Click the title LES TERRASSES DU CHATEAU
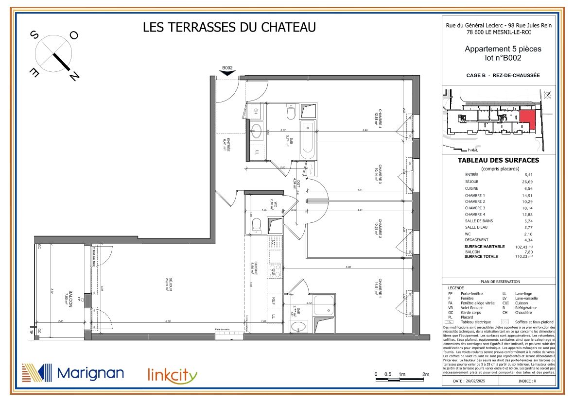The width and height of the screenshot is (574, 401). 229,27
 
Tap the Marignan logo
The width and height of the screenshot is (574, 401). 73,373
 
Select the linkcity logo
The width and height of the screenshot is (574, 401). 173,375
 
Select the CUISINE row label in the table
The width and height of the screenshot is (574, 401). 471,188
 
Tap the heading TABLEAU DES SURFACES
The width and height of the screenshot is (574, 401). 498,161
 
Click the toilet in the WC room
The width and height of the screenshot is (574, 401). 257,225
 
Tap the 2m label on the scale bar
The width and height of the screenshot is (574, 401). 426,374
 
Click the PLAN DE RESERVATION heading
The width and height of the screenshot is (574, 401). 500,282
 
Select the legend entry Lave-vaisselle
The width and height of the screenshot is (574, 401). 527,299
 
